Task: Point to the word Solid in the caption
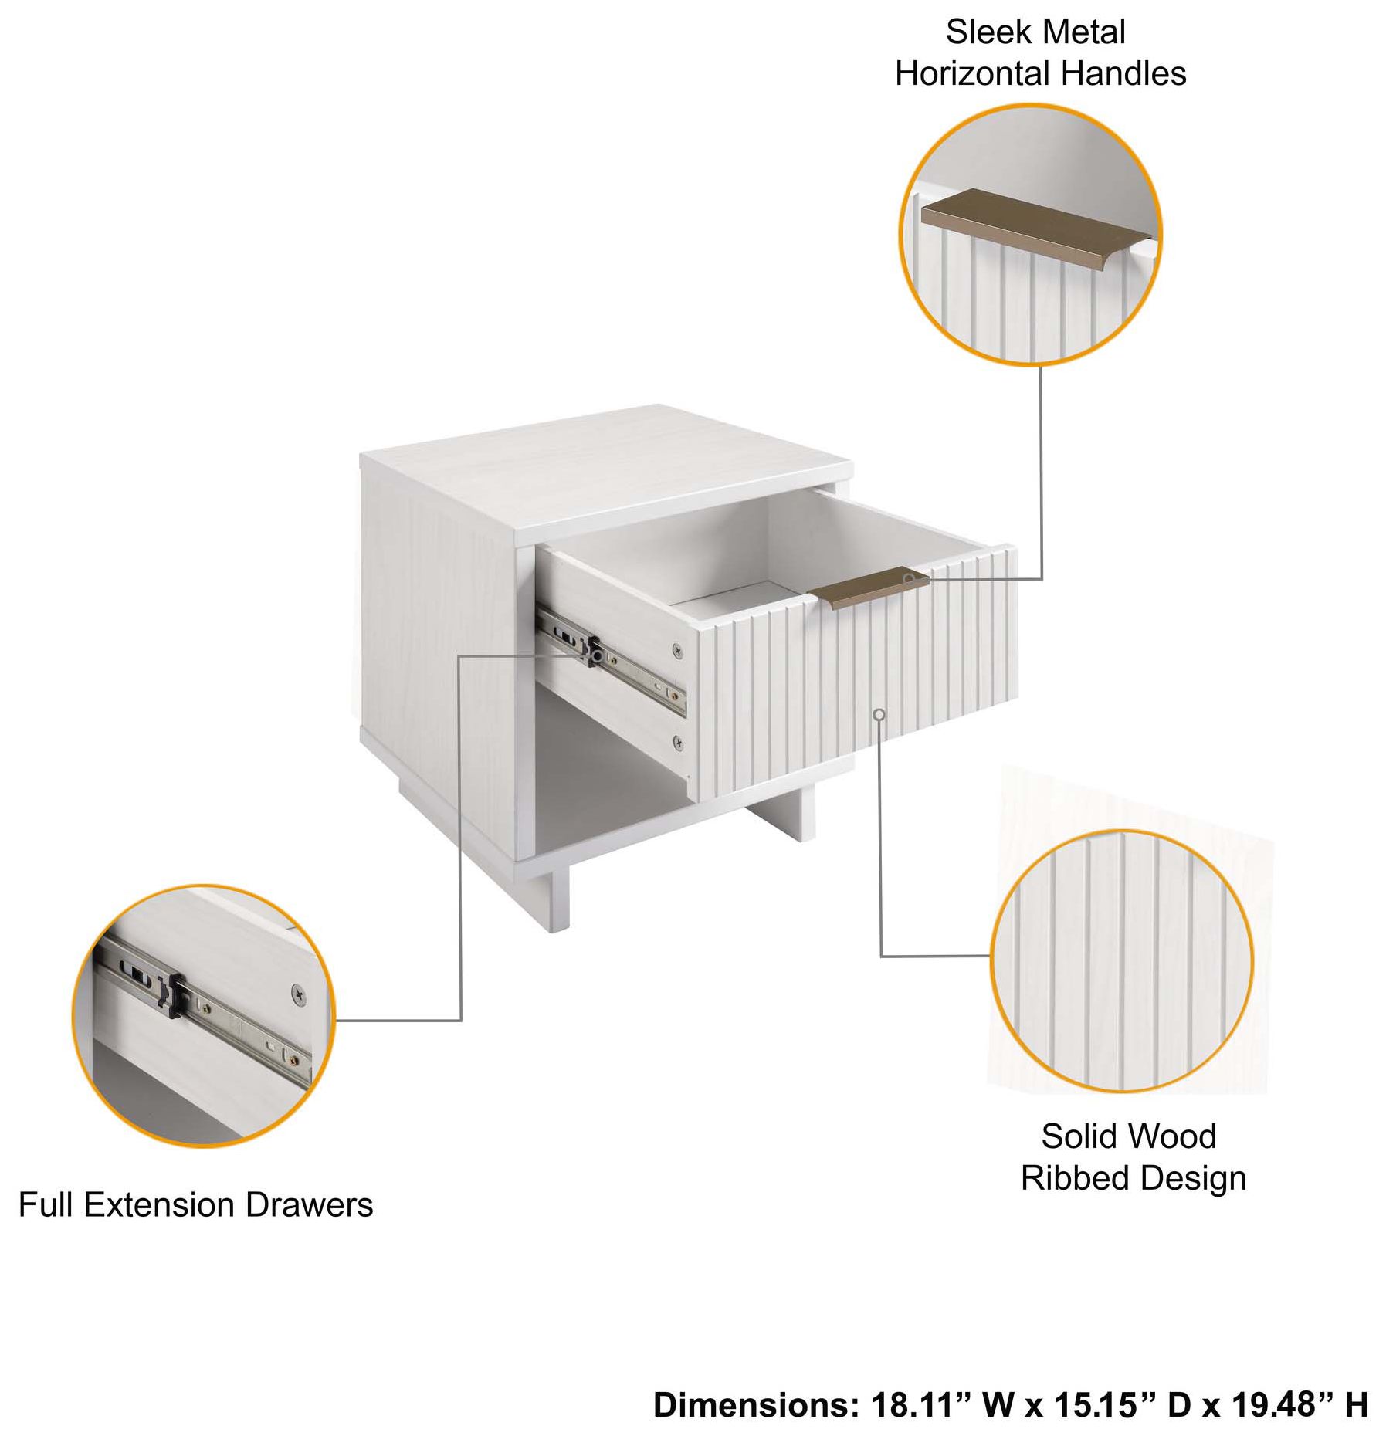1075,1136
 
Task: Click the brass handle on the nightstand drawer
869,588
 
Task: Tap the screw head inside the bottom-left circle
298,993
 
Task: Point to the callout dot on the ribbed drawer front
879,714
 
